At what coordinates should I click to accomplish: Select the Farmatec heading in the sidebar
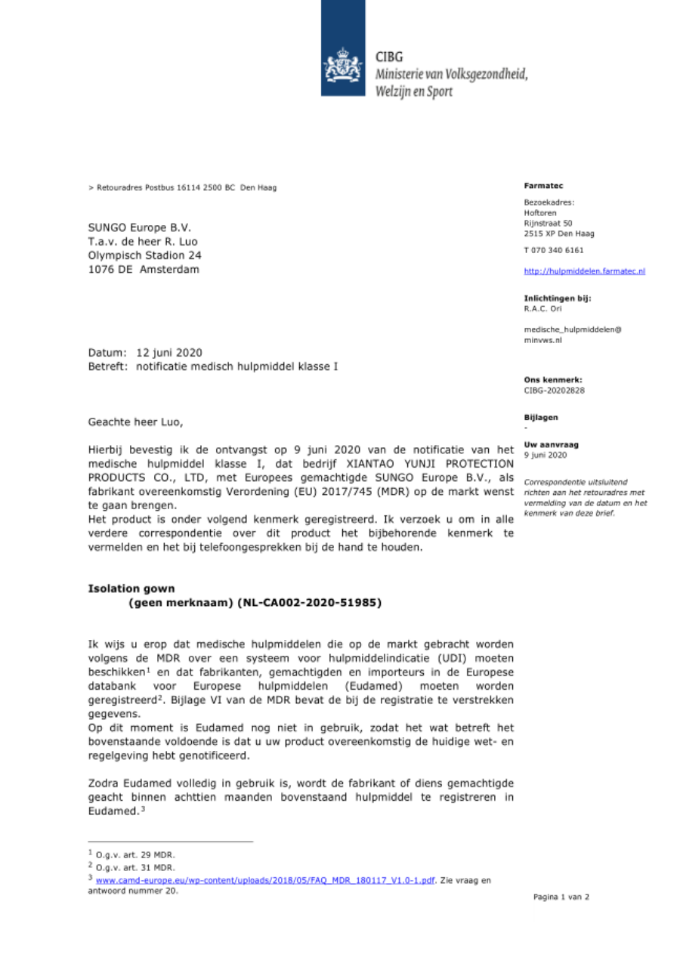pyautogui.click(x=538, y=185)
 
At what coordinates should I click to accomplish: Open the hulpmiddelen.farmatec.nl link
pyautogui.click(x=584, y=270)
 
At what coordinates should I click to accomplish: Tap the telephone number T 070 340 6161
pyautogui.click(x=553, y=250)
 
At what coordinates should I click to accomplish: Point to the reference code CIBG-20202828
pyautogui.click(x=554, y=391)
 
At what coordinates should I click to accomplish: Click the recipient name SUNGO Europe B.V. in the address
pyautogui.click(x=140, y=227)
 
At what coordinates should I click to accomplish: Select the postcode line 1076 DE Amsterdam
pyautogui.click(x=144, y=270)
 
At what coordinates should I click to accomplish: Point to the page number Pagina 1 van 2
pyautogui.click(x=561, y=897)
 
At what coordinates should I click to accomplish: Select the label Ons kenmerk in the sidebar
pyautogui.click(x=552, y=379)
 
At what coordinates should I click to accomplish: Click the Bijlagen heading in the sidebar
pyautogui.click(x=540, y=417)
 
